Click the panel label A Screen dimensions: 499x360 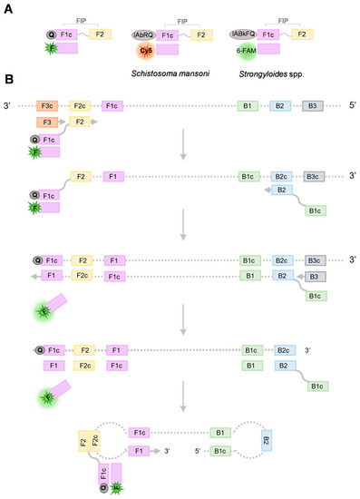(8, 7)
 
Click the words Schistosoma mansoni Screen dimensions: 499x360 (178, 70)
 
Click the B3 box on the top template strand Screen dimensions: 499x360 (312, 105)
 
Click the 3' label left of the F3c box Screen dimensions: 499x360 (8, 105)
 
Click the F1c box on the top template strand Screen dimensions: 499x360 (113, 105)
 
